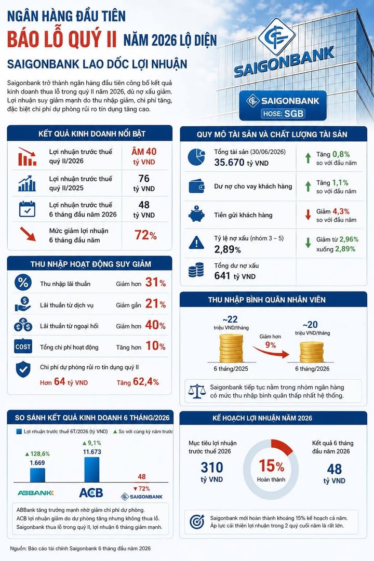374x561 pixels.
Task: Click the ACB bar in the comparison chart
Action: (91, 470)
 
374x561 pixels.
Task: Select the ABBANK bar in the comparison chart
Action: (37, 475)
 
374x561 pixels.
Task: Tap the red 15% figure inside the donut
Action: (271, 466)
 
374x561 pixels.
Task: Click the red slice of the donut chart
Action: (283, 447)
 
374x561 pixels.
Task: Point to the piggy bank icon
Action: (196, 215)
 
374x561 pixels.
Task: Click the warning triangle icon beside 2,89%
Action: (196, 243)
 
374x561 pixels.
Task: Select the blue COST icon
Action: (23, 346)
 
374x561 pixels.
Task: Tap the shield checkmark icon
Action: (23, 370)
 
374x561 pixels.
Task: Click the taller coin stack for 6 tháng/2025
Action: (231, 348)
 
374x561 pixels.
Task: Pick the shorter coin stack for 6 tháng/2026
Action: (312, 352)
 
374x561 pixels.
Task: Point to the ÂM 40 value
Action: (144, 152)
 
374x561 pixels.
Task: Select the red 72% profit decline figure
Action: (145, 235)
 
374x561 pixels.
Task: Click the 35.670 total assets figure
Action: (229, 163)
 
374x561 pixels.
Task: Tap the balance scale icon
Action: (197, 392)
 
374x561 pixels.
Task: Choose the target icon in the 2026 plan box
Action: (197, 522)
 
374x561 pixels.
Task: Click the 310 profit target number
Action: (212, 468)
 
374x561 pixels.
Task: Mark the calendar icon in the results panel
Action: (27, 209)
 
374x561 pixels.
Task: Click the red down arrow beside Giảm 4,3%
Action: (308, 215)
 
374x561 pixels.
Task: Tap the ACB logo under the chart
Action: (91, 492)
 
